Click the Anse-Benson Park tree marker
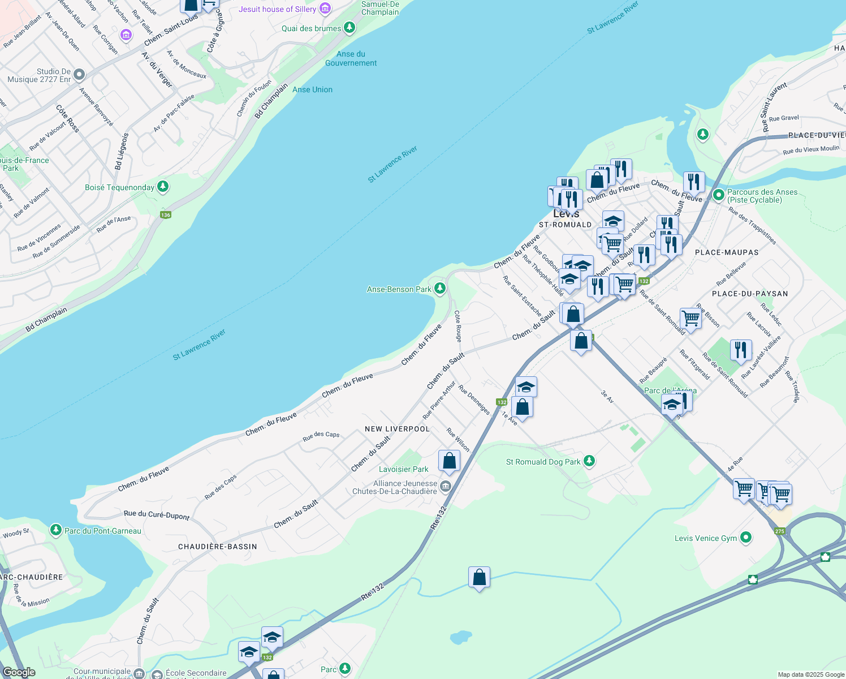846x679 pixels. click(x=439, y=289)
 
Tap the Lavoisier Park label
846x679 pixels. click(x=404, y=469)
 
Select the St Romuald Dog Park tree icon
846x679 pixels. click(x=589, y=461)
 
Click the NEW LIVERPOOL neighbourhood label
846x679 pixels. click(x=397, y=429)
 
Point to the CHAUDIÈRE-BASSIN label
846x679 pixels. click(x=218, y=547)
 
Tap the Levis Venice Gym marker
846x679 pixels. click(x=746, y=538)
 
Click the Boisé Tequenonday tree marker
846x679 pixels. click(x=163, y=186)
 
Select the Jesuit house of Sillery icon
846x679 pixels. click(x=325, y=8)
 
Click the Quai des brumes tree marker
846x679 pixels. click(x=349, y=27)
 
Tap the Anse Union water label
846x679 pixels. click(x=312, y=89)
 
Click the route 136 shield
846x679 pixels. click(x=165, y=215)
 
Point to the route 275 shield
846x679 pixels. click(x=780, y=531)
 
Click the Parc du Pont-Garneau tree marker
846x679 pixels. click(x=55, y=530)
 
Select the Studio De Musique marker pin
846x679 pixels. click(x=79, y=74)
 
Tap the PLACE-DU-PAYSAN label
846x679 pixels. click(x=750, y=294)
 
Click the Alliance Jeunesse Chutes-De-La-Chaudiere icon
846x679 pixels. click(x=446, y=486)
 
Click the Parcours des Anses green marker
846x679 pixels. click(x=718, y=195)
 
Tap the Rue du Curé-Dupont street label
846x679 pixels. click(x=157, y=515)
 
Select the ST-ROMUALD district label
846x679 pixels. click(x=565, y=225)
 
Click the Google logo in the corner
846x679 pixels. click(x=19, y=672)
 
